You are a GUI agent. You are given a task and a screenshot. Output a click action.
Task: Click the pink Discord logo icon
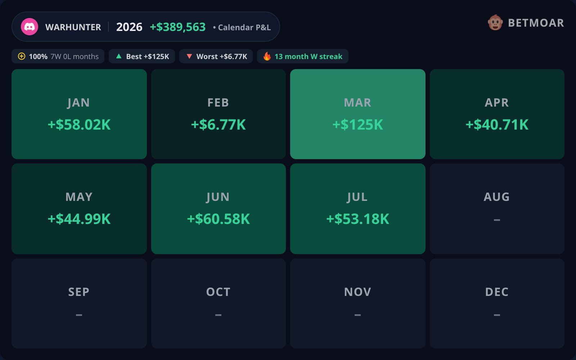[30, 27]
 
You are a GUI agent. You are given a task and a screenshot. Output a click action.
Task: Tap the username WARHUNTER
[73, 27]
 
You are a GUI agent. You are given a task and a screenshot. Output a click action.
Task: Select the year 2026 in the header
[129, 27]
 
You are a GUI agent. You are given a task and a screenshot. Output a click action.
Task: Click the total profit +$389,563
[178, 27]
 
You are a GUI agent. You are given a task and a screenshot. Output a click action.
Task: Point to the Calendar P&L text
[244, 27]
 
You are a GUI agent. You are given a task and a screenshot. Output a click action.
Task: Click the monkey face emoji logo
[495, 23]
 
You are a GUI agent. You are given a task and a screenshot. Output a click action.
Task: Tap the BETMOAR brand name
[536, 23]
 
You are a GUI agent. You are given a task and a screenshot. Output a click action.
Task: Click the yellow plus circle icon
[22, 56]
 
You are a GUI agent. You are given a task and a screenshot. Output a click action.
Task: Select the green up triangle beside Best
[119, 56]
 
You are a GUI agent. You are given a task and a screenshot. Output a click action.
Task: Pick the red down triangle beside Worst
[189, 56]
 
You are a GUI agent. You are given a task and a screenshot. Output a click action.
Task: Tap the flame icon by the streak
[267, 56]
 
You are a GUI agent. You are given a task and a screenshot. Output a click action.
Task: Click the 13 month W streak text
[308, 56]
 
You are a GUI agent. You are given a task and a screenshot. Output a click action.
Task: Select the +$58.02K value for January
[79, 125]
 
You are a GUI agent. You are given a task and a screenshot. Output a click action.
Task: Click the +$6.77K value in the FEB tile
[218, 125]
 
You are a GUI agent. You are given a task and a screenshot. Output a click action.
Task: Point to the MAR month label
[357, 103]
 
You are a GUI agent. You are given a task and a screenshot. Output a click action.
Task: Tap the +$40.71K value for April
[497, 125]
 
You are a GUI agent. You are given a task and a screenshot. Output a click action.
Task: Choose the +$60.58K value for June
[218, 219]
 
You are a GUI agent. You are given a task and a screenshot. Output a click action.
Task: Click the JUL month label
[357, 197]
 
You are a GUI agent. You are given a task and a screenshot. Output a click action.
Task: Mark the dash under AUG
[497, 220]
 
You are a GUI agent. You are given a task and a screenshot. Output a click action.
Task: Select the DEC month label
[497, 292]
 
